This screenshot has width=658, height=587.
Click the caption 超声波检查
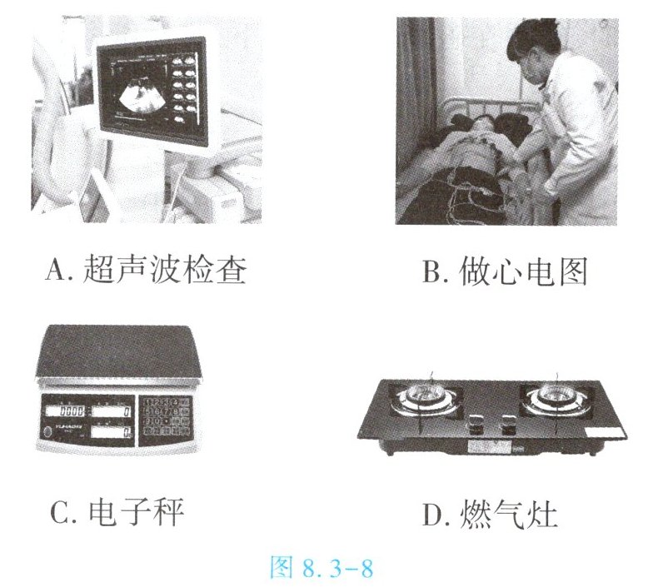coord(165,269)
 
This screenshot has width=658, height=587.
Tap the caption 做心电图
coord(523,271)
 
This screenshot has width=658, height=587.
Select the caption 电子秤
coord(137,512)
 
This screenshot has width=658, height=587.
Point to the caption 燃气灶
coord(509,514)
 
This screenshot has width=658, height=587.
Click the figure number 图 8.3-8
coord(322,567)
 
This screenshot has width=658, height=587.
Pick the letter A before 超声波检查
coord(57,270)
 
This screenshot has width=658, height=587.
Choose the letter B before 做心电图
coord(435,272)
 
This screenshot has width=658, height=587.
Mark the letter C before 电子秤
coord(61,513)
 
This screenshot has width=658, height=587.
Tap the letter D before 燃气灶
coord(435,515)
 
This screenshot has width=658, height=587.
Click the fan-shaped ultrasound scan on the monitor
coord(142,98)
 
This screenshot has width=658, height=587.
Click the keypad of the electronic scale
coord(166,417)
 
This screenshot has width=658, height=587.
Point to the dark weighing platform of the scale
coord(119,351)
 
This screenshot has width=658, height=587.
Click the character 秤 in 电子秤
coord(169,512)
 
